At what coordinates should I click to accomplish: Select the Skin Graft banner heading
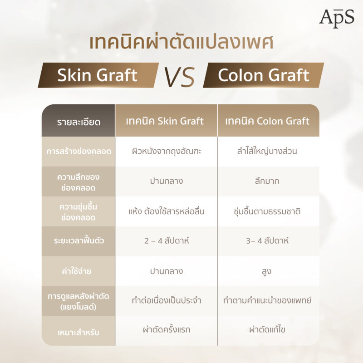pyautogui.click(x=97, y=75)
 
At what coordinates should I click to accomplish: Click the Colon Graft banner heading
pyautogui.click(x=264, y=75)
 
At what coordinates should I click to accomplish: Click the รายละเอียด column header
pyautogui.click(x=79, y=122)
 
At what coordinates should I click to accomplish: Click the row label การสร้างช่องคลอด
pyautogui.click(x=79, y=152)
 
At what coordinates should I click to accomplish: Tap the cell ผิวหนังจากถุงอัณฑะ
pyautogui.click(x=166, y=152)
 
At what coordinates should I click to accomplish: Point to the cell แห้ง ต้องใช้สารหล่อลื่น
pyautogui.click(x=166, y=211)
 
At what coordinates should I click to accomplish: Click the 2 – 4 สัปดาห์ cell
pyautogui.click(x=166, y=241)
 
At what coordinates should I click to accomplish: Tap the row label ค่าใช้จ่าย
pyautogui.click(x=79, y=271)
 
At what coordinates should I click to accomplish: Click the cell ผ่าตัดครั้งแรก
pyautogui.click(x=166, y=330)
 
